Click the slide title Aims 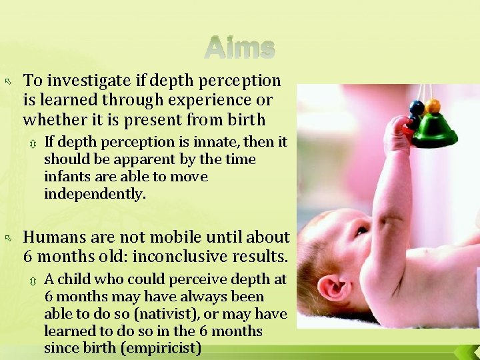click(240, 48)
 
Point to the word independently click(95, 194)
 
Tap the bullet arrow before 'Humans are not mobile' click(9, 238)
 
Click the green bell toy click(435, 131)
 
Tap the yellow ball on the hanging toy click(433, 106)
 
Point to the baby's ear click(333, 289)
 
